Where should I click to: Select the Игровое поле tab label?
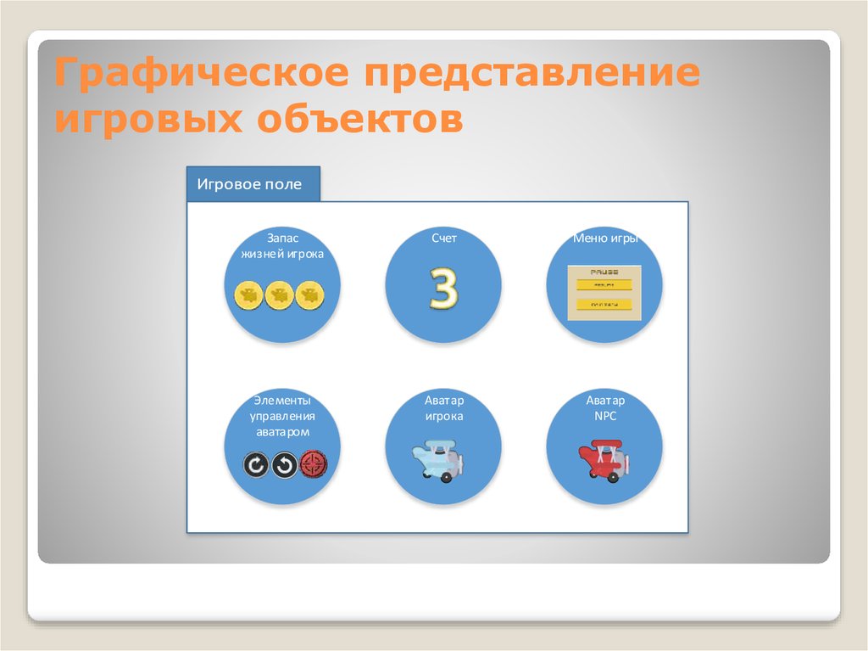249,184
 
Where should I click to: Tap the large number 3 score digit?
442,288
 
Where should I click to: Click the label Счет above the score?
443,239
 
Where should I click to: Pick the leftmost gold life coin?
248,295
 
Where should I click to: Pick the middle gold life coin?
279,295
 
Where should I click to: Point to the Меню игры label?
604,239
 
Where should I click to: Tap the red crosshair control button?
313,463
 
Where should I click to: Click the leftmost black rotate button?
255,464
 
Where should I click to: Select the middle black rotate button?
284,464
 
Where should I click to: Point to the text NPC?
604,417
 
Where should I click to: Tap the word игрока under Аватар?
443,417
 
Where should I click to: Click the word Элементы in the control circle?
281,400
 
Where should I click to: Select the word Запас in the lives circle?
282,239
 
